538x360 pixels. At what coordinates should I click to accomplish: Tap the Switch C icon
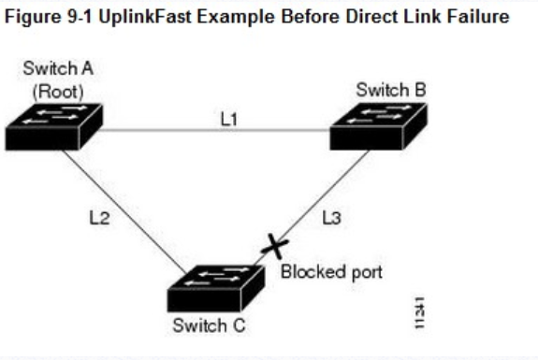pyautogui.click(x=213, y=288)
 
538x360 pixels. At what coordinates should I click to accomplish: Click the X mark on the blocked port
pyautogui.click(x=274, y=247)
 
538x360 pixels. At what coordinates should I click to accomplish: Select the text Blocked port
pyautogui.click(x=331, y=272)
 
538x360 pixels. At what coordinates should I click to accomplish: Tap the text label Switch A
pyautogui.click(x=51, y=70)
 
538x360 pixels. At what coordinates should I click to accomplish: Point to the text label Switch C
pyautogui.click(x=211, y=326)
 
